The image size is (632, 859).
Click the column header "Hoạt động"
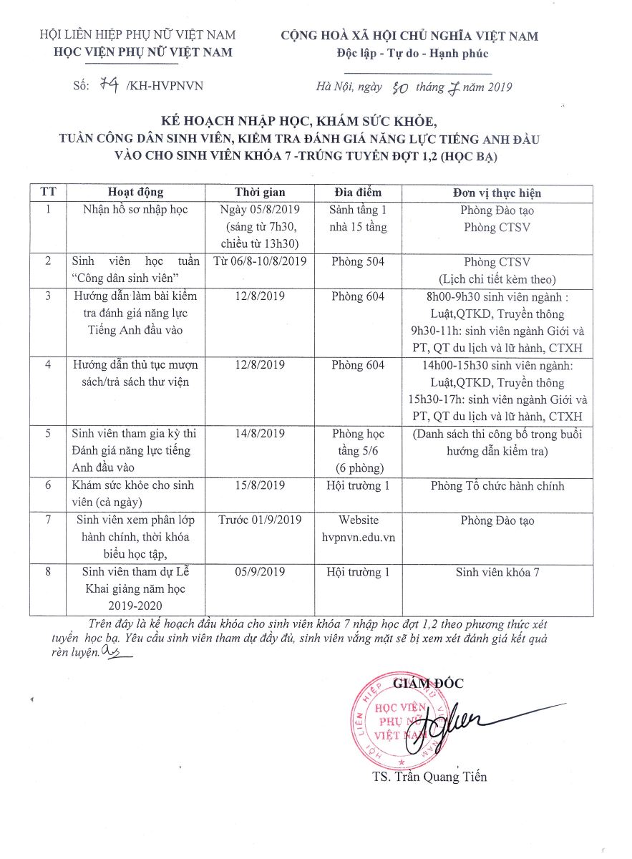click(x=135, y=193)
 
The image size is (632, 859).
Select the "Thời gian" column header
click(x=260, y=193)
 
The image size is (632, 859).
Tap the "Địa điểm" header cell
click(x=358, y=193)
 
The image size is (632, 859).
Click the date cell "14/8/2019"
click(x=260, y=434)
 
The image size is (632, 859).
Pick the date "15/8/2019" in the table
click(x=260, y=486)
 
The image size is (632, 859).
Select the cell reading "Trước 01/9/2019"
click(x=260, y=520)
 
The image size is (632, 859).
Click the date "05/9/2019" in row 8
click(x=260, y=572)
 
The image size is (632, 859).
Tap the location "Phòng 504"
click(x=358, y=262)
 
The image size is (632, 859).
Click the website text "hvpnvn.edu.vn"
click(x=358, y=536)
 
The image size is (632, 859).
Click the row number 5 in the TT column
click(x=48, y=434)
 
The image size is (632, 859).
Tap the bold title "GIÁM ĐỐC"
click(x=428, y=684)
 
